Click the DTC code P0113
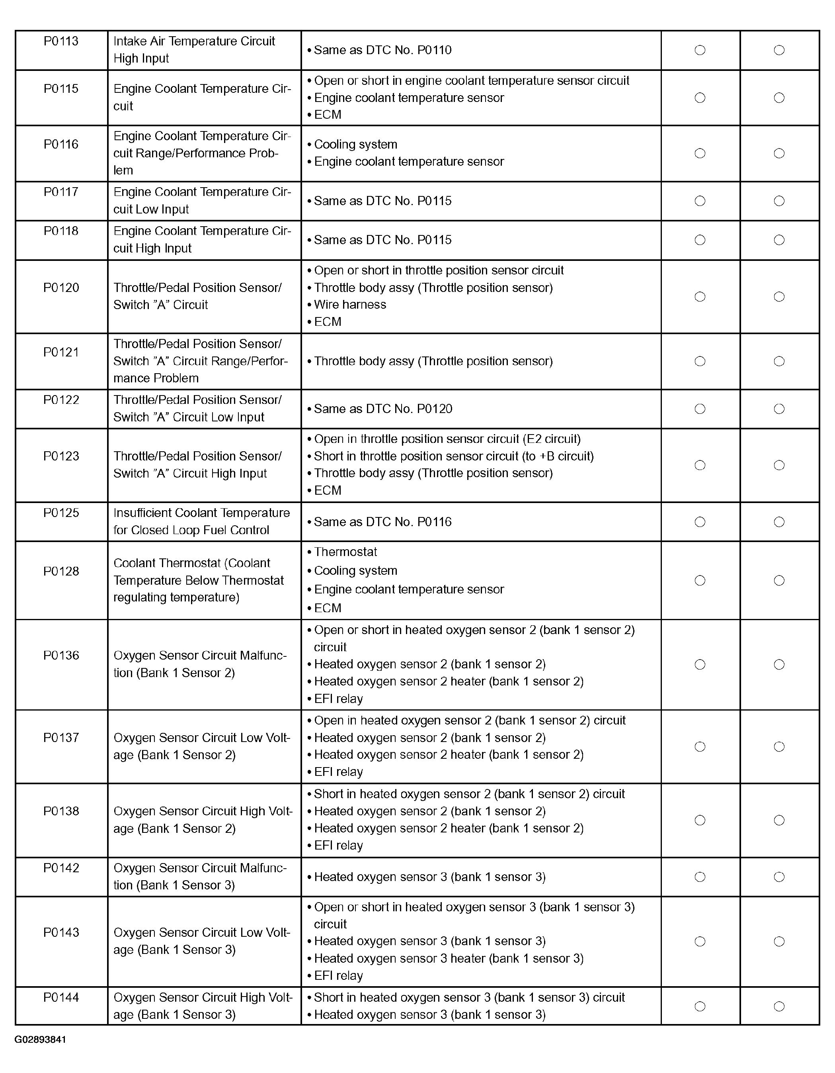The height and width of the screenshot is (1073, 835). click(61, 41)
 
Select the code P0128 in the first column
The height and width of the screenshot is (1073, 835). click(61, 572)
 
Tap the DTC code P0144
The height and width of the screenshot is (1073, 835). click(61, 997)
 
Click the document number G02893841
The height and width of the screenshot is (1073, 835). click(40, 1040)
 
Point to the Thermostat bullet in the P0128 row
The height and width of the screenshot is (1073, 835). click(345, 552)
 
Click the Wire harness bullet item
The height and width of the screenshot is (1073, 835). click(349, 305)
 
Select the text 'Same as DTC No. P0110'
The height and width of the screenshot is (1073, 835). click(382, 50)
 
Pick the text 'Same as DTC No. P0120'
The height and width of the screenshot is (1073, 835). click(383, 409)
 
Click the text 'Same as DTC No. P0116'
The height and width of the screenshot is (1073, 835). click(382, 522)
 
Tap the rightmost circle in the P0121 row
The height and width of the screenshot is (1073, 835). click(779, 362)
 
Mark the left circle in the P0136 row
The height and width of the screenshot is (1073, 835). click(700, 665)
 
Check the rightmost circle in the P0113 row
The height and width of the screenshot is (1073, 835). click(779, 50)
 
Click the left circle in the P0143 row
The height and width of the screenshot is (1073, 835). click(700, 941)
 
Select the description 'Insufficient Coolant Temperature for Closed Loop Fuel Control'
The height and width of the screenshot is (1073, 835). click(201, 521)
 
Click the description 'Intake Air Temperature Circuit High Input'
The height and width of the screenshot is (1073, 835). click(194, 50)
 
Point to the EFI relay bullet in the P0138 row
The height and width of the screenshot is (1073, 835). click(338, 846)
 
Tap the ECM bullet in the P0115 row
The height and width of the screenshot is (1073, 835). click(328, 114)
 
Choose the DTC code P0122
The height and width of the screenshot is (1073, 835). click(61, 400)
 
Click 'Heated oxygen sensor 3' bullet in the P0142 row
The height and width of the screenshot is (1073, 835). click(429, 877)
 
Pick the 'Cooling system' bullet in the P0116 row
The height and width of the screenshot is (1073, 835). click(355, 145)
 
